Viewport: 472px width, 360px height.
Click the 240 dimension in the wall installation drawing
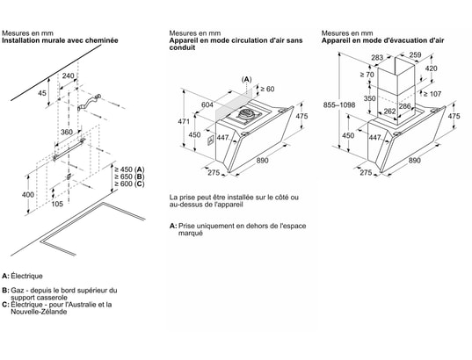pos(68,76)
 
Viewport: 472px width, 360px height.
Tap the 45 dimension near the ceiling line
pos(42,93)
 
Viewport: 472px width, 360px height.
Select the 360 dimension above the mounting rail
pos(67,132)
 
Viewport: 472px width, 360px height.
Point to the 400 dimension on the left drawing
pos(28,195)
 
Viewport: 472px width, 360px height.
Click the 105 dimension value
pos(57,204)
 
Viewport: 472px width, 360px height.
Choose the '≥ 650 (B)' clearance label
pos(129,176)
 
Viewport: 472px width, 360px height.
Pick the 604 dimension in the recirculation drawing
pos(207,104)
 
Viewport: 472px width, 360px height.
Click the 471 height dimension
pos(184,121)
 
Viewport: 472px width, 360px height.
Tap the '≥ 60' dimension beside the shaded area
pos(267,89)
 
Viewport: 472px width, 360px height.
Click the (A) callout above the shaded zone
pos(246,79)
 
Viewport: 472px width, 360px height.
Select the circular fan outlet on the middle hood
pos(247,113)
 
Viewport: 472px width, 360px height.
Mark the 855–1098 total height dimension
pos(339,105)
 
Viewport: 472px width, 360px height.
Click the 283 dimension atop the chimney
pos(377,57)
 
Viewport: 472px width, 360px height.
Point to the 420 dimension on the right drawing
pos(431,68)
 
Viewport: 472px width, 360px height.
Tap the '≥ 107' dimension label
pos(432,94)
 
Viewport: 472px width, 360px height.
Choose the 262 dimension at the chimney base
pos(389,112)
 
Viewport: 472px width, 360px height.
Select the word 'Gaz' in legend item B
pos(17,291)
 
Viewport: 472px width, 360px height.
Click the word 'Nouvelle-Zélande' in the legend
pos(39,312)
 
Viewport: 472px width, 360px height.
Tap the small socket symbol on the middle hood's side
pos(210,140)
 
